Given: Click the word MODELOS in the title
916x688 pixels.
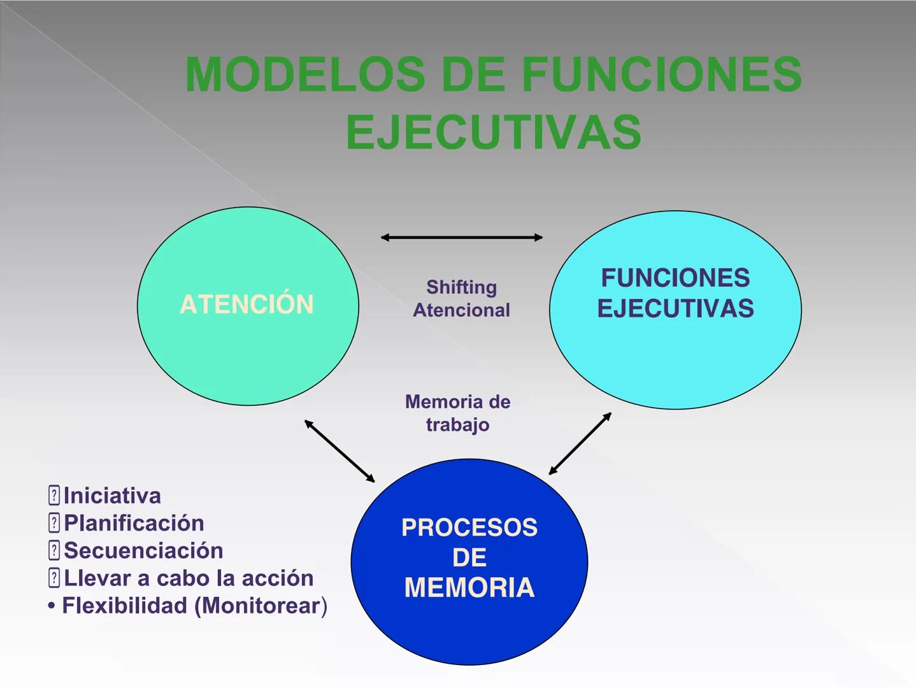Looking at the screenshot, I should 304,75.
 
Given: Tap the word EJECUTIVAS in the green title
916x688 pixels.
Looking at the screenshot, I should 493,133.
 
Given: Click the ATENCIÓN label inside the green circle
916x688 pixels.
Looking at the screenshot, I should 247,305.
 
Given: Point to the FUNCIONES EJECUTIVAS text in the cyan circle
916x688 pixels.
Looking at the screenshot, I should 675,293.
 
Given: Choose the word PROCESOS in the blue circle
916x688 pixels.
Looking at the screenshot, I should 469,527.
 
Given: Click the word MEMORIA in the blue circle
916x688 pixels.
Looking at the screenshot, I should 469,587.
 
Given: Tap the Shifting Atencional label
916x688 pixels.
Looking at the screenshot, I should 461,298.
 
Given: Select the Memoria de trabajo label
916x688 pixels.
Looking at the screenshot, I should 457,413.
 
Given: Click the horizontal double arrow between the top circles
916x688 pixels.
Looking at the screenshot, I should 461,238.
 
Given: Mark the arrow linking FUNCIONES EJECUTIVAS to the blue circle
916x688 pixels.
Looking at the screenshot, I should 580,443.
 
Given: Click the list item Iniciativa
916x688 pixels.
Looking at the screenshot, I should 112,496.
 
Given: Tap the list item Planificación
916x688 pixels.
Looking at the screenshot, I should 134,523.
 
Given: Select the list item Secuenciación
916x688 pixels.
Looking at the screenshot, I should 143,550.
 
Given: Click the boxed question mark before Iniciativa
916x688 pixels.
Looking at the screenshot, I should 54,495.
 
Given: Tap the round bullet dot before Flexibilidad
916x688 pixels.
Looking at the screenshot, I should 51,606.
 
